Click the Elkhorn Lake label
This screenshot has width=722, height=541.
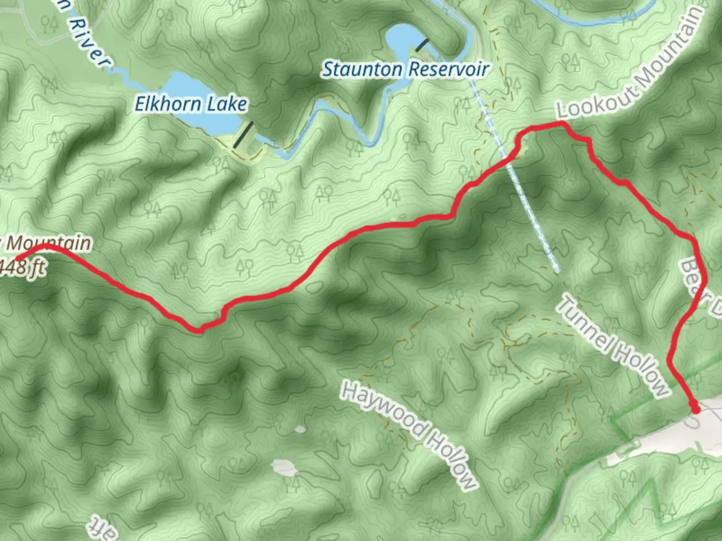pos(191,104)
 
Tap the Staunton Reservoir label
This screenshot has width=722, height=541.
pos(405,69)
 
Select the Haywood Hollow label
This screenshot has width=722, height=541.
pos(409,435)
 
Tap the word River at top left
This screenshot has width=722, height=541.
pos(89,42)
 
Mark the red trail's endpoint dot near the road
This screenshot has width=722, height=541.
pos(695,409)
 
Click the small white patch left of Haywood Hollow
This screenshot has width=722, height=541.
pos(284,469)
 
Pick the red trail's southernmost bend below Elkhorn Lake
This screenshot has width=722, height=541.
pos(199,330)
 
